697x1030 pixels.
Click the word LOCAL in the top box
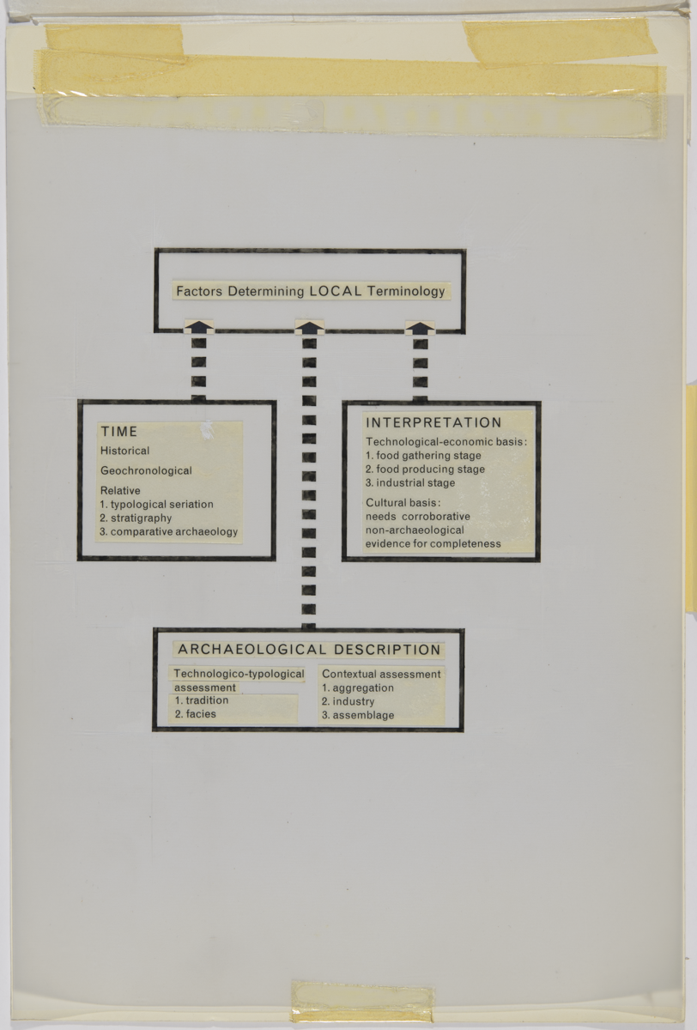point(336,291)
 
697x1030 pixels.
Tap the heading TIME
point(119,431)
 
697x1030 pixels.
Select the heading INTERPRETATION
point(433,422)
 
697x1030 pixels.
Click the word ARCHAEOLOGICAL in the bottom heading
point(252,649)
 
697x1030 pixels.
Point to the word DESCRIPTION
point(387,649)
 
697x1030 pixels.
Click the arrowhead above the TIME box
point(198,327)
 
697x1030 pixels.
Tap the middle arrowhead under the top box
point(309,327)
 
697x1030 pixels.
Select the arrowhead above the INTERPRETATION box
point(421,327)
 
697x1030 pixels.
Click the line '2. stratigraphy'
point(136,518)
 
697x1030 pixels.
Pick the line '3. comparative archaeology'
point(169,531)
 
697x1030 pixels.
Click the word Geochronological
point(146,470)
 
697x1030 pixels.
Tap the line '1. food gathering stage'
point(423,455)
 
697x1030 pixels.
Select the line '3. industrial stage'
point(410,482)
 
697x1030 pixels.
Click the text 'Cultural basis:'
point(403,503)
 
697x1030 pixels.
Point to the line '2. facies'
point(195,713)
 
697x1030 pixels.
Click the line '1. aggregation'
point(358,688)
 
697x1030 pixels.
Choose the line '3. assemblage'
point(358,715)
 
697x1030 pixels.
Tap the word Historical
point(124,451)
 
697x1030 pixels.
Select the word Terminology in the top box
point(406,291)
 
